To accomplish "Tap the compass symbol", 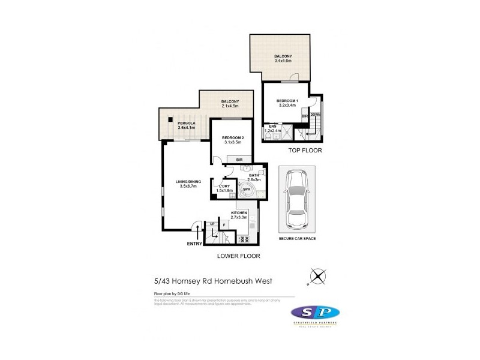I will tap(317, 277).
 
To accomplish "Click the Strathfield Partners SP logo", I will tap(316, 313).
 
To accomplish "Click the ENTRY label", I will tap(194, 243).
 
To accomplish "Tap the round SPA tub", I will tap(247, 191).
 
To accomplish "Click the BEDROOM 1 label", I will tap(287, 101).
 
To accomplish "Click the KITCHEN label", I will tap(240, 213).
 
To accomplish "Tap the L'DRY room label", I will tap(224, 186).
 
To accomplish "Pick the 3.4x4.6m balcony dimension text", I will tap(283, 61).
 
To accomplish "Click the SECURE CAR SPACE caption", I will tap(298, 238).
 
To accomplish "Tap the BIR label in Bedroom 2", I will tap(239, 160).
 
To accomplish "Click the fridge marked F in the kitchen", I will tap(224, 227).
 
